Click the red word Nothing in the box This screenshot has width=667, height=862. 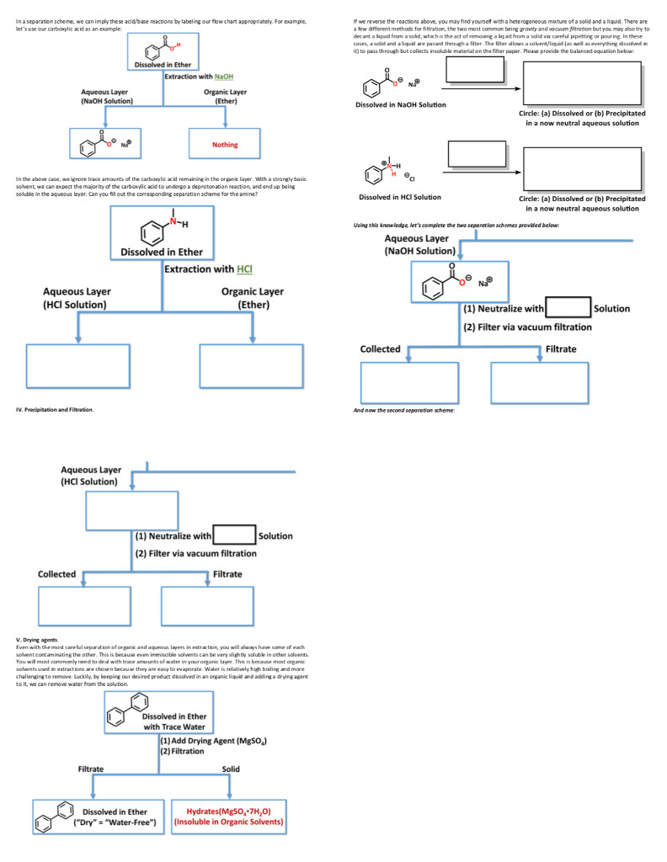pyautogui.click(x=225, y=145)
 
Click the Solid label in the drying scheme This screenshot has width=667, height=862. pyautogui.click(x=230, y=769)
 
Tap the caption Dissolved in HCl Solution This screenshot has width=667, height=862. pyautogui.click(x=398, y=197)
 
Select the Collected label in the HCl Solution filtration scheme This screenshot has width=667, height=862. pyautogui.click(x=56, y=574)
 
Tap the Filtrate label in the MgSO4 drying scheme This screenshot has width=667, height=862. pyautogui.click(x=91, y=769)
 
